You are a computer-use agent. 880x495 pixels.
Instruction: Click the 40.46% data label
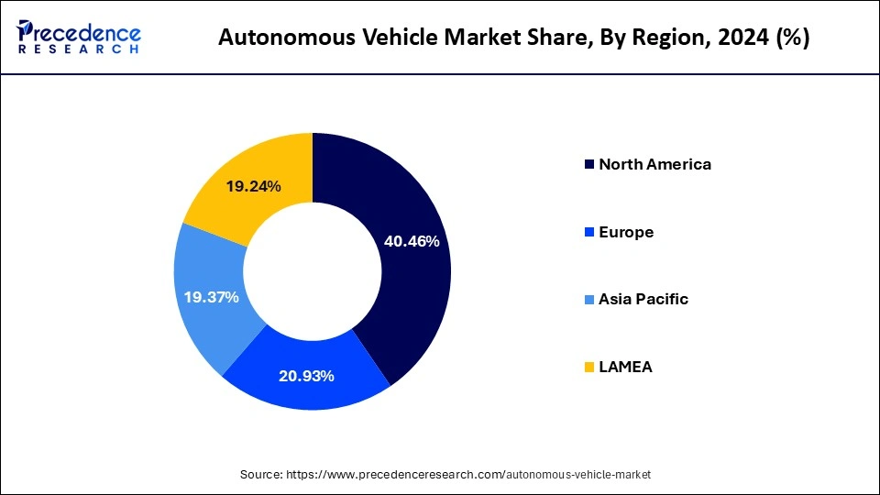tap(412, 242)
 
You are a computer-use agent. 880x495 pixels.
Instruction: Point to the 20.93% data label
tap(306, 376)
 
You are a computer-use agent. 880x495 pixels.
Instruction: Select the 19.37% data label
tap(211, 297)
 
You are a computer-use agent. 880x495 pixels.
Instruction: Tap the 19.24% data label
tap(253, 186)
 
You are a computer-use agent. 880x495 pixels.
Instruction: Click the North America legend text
tap(654, 165)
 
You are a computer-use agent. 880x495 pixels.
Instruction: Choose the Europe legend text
tap(626, 232)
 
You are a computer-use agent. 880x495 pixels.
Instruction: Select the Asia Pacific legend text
tap(643, 300)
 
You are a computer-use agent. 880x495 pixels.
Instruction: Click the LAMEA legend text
tap(626, 367)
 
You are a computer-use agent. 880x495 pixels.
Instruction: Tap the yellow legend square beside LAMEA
tap(588, 368)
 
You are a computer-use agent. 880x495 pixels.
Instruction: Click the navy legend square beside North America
tap(588, 166)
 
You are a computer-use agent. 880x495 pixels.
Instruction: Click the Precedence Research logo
tap(79, 37)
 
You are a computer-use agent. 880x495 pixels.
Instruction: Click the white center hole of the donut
tap(313, 270)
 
